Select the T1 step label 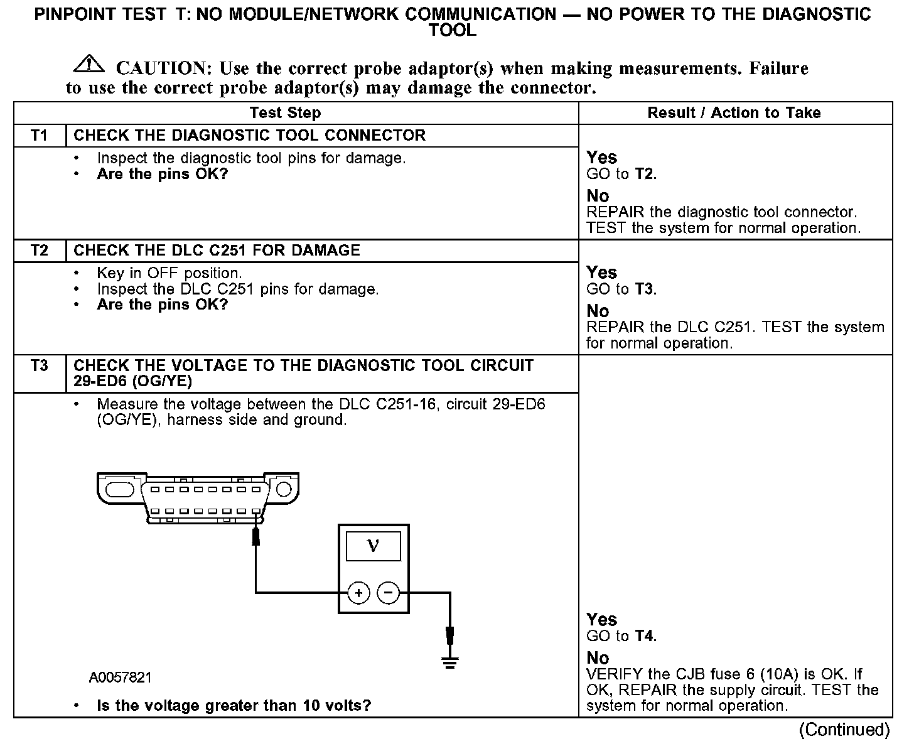(40, 136)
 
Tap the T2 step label (40, 251)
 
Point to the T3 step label (40, 365)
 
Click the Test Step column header (285, 113)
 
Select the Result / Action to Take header (734, 113)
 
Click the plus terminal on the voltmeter (358, 592)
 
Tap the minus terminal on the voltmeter (389, 592)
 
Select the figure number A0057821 (120, 678)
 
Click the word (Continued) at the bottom (844, 730)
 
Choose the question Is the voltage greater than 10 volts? (234, 705)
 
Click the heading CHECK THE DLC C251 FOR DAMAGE (217, 251)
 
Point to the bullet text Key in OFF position (169, 273)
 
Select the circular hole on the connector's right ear (284, 489)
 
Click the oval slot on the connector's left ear (120, 489)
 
